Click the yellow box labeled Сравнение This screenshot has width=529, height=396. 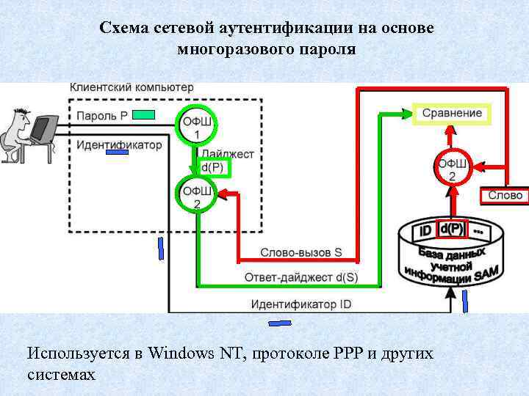point(452,114)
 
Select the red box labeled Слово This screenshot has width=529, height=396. point(505,195)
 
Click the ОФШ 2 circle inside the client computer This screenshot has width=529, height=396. point(196,192)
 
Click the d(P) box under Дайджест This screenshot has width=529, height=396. point(215,168)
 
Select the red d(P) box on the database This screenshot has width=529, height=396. point(451,230)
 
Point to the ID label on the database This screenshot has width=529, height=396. point(425,232)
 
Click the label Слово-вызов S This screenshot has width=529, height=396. point(301,252)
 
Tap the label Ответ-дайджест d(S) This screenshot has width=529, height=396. point(301,278)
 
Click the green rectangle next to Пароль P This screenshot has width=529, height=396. point(145,114)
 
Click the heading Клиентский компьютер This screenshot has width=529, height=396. point(132,87)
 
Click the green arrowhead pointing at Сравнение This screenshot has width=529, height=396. point(406,114)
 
